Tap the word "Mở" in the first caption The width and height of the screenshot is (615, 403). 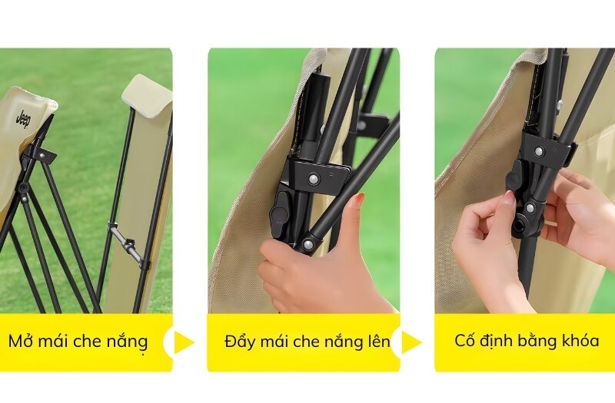point(21,341)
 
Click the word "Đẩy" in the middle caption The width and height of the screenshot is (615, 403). point(239,341)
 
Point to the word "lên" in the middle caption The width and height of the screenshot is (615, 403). point(377,341)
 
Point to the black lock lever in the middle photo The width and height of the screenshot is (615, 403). point(281,210)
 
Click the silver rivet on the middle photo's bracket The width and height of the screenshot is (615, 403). point(314,178)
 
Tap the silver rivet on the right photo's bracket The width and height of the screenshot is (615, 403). point(539,151)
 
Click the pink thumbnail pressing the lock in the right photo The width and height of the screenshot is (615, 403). point(507,198)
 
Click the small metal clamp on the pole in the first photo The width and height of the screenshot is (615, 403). point(128,243)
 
